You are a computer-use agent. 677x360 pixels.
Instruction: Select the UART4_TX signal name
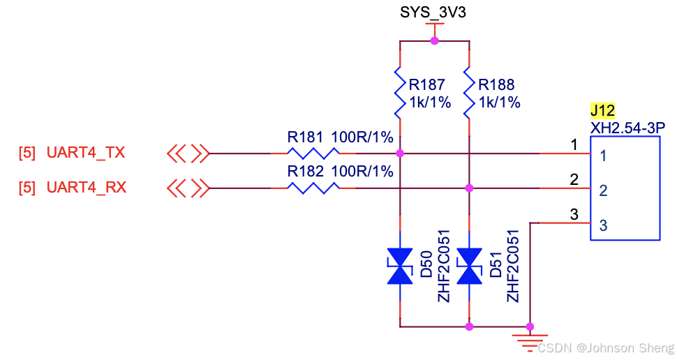[x=86, y=153]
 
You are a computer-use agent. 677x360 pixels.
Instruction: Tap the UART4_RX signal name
[x=86, y=188]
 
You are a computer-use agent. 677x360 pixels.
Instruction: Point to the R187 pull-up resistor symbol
[x=400, y=93]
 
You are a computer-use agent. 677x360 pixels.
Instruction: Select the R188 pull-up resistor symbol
[x=469, y=93]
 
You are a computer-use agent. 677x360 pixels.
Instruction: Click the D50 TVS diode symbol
[x=400, y=267]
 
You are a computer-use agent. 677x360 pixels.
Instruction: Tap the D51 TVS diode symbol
[x=469, y=267]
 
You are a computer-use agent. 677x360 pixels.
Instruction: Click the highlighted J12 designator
[x=602, y=111]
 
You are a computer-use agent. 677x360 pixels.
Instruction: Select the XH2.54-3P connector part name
[x=627, y=127]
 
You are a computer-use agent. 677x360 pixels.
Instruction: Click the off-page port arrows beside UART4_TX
[x=188, y=153]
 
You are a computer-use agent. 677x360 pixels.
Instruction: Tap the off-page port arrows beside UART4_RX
[x=188, y=188]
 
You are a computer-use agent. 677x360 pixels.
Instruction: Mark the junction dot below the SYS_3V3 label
[x=434, y=41]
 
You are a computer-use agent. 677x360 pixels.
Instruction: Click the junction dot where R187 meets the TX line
[x=400, y=153]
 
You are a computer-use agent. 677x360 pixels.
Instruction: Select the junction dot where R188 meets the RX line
[x=469, y=188]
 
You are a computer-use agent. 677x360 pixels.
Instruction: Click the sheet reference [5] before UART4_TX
[x=27, y=153]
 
